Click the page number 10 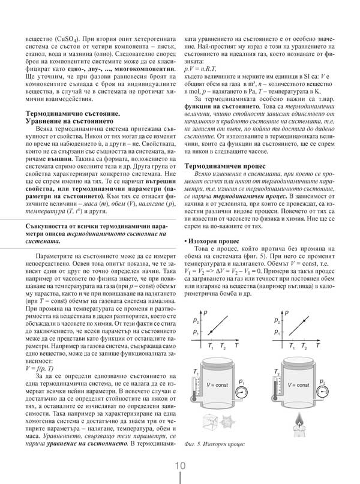pyautogui.click(x=180, y=466)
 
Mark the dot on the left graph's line pyautogui.click(x=211, y=329)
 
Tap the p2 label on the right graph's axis pyautogui.click(x=277, y=321)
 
